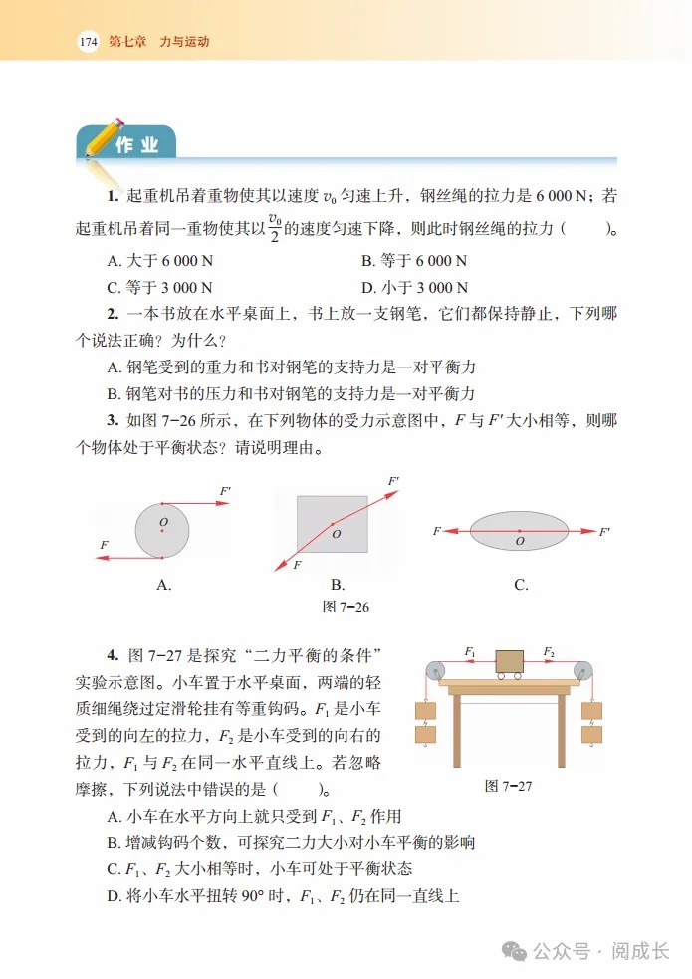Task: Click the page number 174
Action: pos(88,42)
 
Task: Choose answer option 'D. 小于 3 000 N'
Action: pos(413,289)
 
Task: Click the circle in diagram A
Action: pos(162,530)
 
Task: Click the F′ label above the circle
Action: pos(225,491)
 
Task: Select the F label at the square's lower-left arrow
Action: pos(297,565)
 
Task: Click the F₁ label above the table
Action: pos(471,651)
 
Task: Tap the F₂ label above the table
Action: pos(549,651)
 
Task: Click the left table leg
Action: pos(457,731)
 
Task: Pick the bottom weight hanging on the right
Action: pos(591,735)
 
